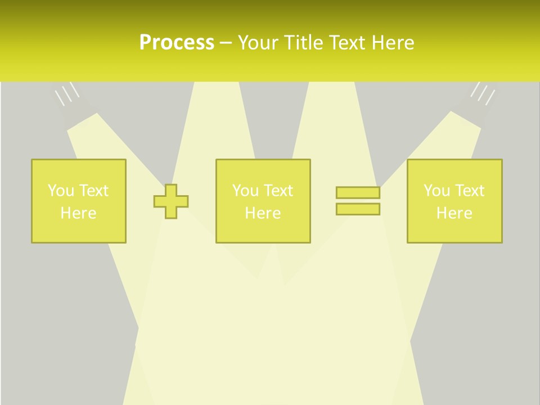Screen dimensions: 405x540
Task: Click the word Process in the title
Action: tap(177, 43)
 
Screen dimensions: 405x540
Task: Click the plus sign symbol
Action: tap(171, 201)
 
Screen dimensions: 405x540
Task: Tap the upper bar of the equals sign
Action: tap(358, 192)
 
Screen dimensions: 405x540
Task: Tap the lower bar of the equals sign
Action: tap(358, 209)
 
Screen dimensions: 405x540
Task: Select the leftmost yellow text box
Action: tap(79, 201)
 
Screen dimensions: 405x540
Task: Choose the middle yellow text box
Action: tap(263, 201)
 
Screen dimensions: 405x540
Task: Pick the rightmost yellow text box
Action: tap(454, 201)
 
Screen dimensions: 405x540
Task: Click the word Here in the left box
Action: tap(78, 213)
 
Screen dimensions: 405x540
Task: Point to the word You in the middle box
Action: tap(245, 191)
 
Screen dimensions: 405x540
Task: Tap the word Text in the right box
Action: tap(470, 191)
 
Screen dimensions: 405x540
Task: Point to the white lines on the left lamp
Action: tap(66, 94)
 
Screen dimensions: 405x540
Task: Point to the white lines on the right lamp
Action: tap(483, 93)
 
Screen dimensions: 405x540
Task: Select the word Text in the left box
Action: tap(94, 191)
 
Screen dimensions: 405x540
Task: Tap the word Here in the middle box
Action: tap(263, 213)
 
